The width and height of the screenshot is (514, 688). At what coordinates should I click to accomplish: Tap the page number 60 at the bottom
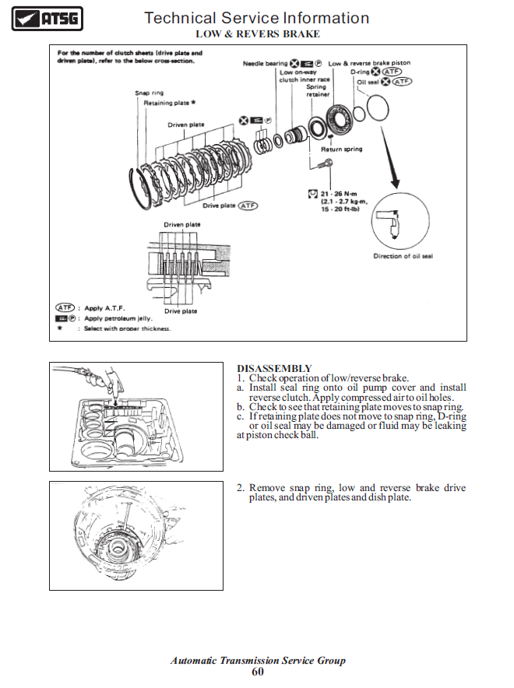point(258,672)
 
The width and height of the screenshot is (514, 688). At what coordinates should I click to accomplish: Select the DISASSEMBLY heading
point(274,368)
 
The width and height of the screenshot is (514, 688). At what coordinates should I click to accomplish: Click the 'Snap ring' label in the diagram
point(150,93)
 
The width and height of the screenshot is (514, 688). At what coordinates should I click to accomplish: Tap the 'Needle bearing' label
point(265,63)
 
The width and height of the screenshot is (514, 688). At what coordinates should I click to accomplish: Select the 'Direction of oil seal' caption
point(403,256)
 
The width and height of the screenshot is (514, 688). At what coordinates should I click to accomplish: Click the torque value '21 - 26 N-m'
point(337,193)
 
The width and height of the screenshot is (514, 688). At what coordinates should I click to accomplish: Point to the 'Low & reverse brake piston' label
point(369,63)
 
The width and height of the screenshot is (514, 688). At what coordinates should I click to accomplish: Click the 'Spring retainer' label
point(316,90)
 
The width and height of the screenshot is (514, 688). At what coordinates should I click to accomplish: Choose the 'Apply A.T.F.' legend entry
point(103,308)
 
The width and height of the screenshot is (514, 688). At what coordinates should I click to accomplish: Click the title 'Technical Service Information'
point(257,18)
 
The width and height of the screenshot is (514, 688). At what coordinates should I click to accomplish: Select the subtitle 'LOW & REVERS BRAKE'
point(257,34)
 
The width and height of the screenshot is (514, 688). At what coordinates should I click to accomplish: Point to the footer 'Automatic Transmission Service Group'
point(258,660)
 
